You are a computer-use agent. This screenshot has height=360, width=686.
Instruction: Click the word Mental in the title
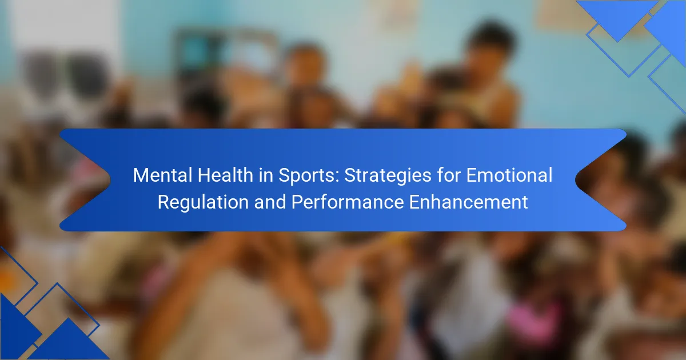162,175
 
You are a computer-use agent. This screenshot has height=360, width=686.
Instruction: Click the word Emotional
509,175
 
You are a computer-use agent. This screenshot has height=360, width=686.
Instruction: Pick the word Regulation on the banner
203,202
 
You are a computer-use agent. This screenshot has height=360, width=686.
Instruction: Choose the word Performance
348,202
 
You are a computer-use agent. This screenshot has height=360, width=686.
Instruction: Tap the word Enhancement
469,202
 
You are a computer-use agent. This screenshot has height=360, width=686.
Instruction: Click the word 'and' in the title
270,202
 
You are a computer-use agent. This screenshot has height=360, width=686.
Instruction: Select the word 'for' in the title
449,175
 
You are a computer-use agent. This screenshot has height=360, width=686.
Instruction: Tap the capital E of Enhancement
414,202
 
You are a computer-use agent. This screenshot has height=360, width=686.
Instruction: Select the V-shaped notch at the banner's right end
576,180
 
